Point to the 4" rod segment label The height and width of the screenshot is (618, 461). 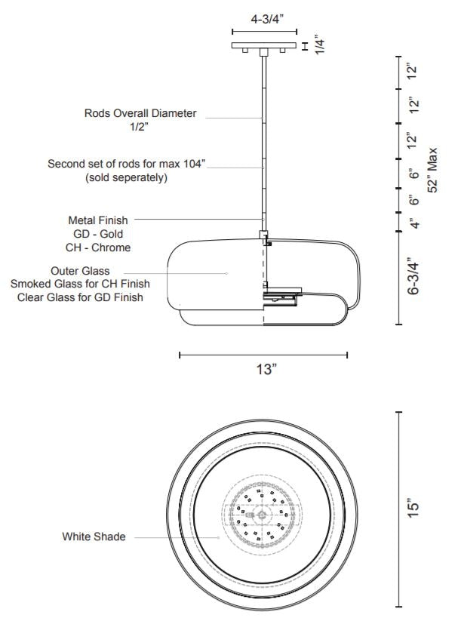click(x=412, y=223)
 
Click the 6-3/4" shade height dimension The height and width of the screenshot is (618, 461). click(x=413, y=277)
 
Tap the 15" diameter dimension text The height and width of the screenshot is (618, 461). click(x=412, y=509)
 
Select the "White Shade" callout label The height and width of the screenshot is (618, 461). click(x=94, y=537)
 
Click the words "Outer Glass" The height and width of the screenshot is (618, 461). click(x=80, y=270)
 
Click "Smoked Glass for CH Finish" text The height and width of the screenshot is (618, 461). click(x=80, y=284)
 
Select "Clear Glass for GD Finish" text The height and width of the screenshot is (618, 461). click(x=80, y=297)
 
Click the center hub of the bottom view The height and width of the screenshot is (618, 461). click(x=262, y=515)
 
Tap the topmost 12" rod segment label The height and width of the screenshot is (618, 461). click(x=412, y=72)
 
